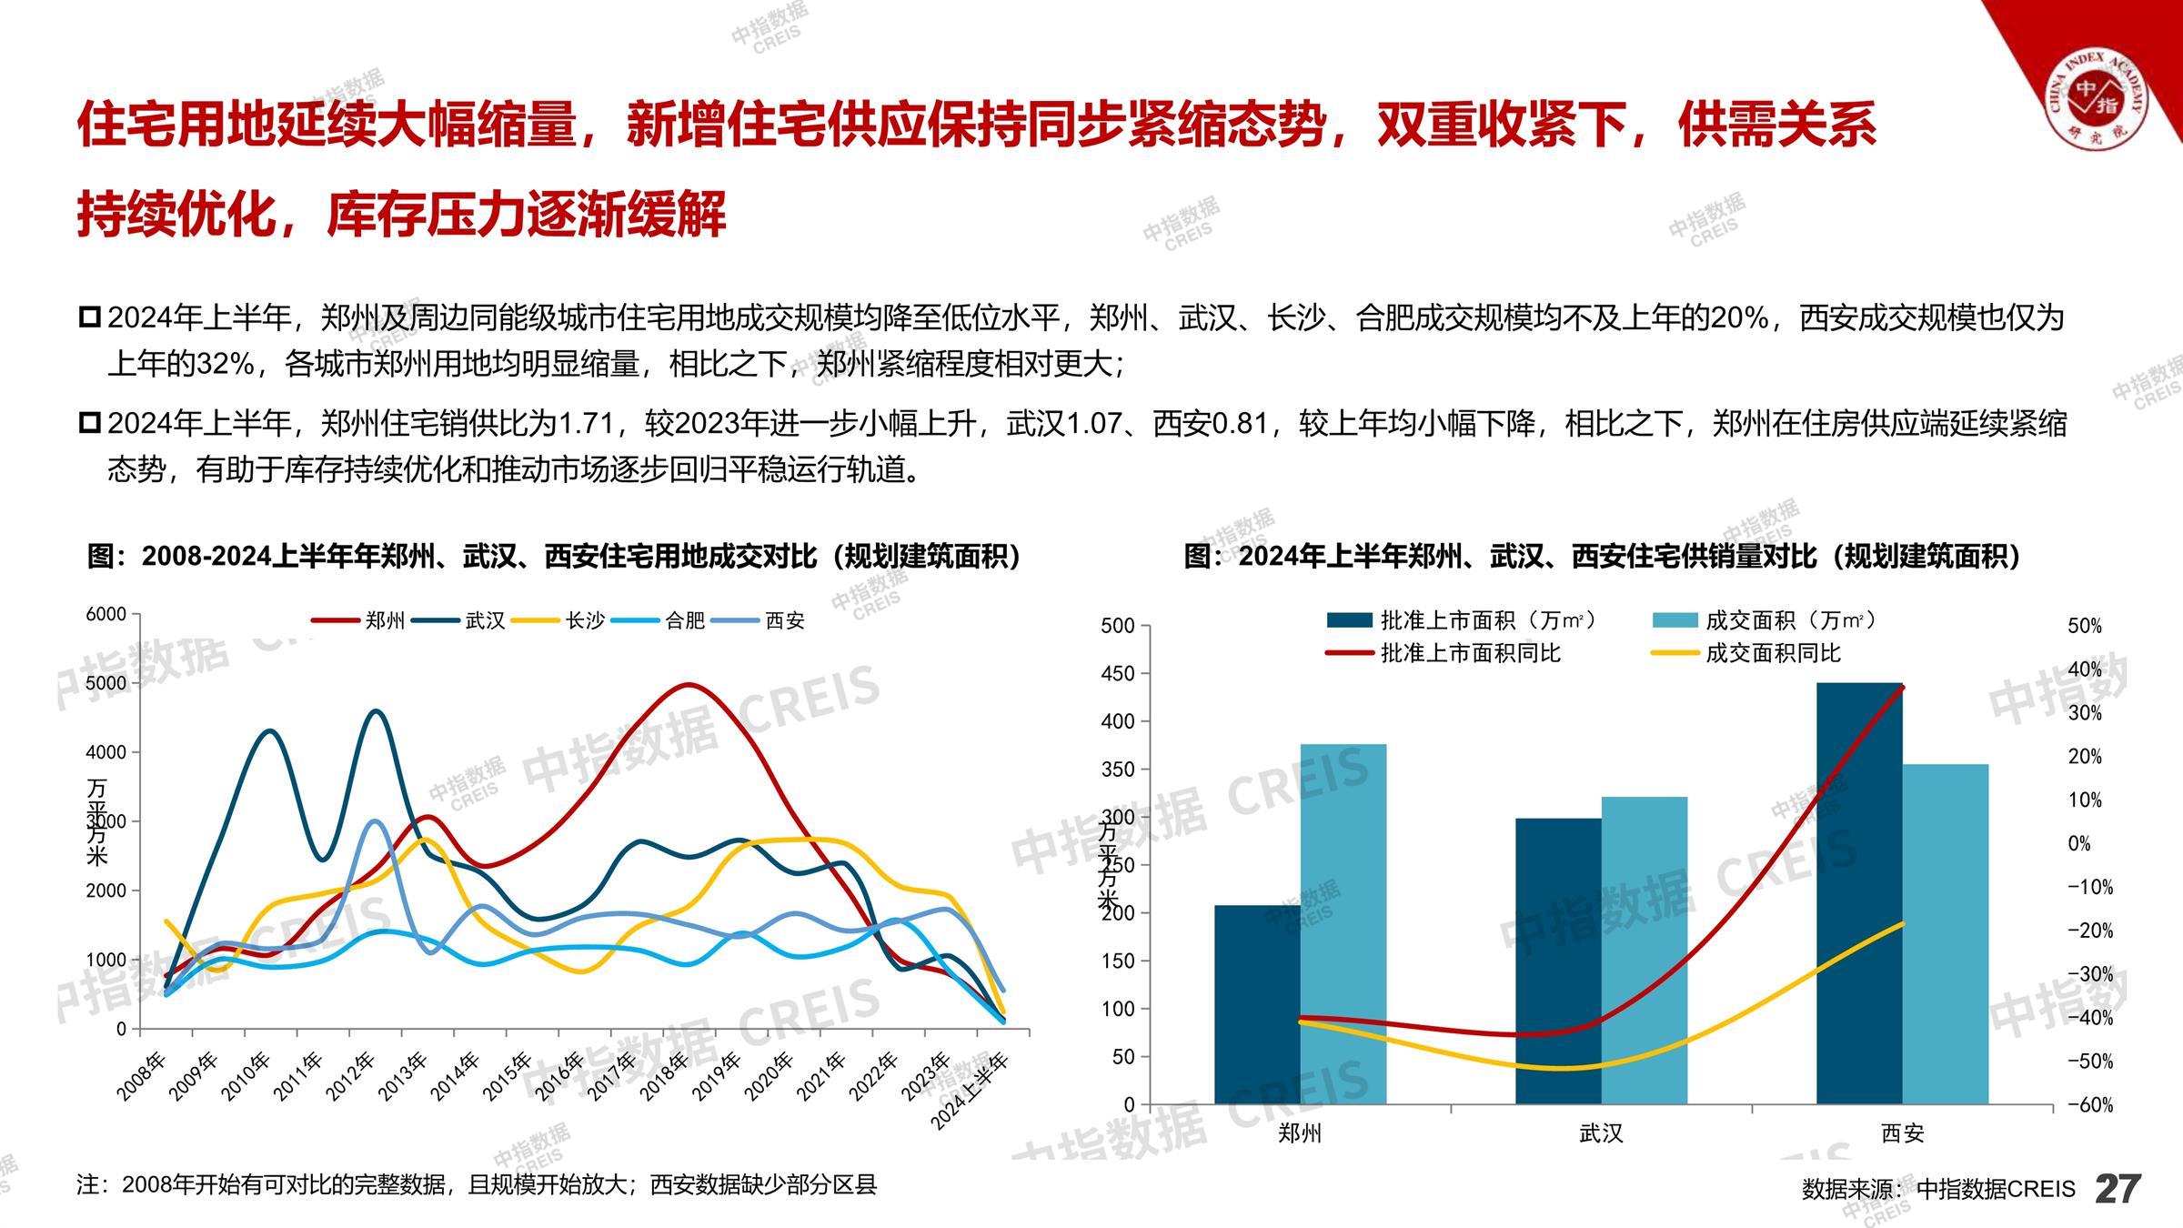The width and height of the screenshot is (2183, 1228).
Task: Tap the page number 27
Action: pyautogui.click(x=2118, y=1189)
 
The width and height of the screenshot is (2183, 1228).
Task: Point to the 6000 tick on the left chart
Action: pyautogui.click(x=106, y=614)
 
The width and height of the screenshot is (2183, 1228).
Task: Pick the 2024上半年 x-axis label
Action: pyautogui.click(x=971, y=1092)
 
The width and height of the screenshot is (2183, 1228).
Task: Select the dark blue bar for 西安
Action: pyautogui.click(x=1859, y=893)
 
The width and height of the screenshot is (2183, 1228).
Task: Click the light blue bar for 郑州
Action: pyautogui.click(x=1343, y=924)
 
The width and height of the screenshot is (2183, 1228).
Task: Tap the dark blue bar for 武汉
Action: pyautogui.click(x=1558, y=961)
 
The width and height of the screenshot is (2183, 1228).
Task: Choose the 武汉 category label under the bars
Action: pyautogui.click(x=1601, y=1133)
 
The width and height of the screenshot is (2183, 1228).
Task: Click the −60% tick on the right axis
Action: pyautogui.click(x=2089, y=1105)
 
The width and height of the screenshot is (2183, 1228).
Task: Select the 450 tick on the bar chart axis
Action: pyautogui.click(x=1117, y=674)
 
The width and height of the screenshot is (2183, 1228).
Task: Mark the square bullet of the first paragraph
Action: pyautogui.click(x=89, y=317)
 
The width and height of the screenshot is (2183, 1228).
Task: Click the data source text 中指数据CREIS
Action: pyautogui.click(x=1996, y=1189)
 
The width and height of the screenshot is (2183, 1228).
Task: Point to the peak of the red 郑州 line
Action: pyautogui.click(x=689, y=685)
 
